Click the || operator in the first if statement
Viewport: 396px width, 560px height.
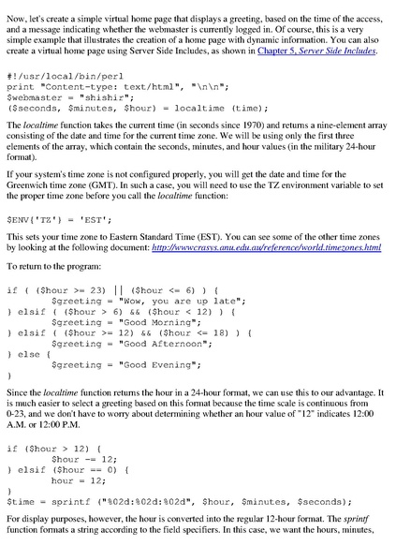(x=119, y=289)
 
